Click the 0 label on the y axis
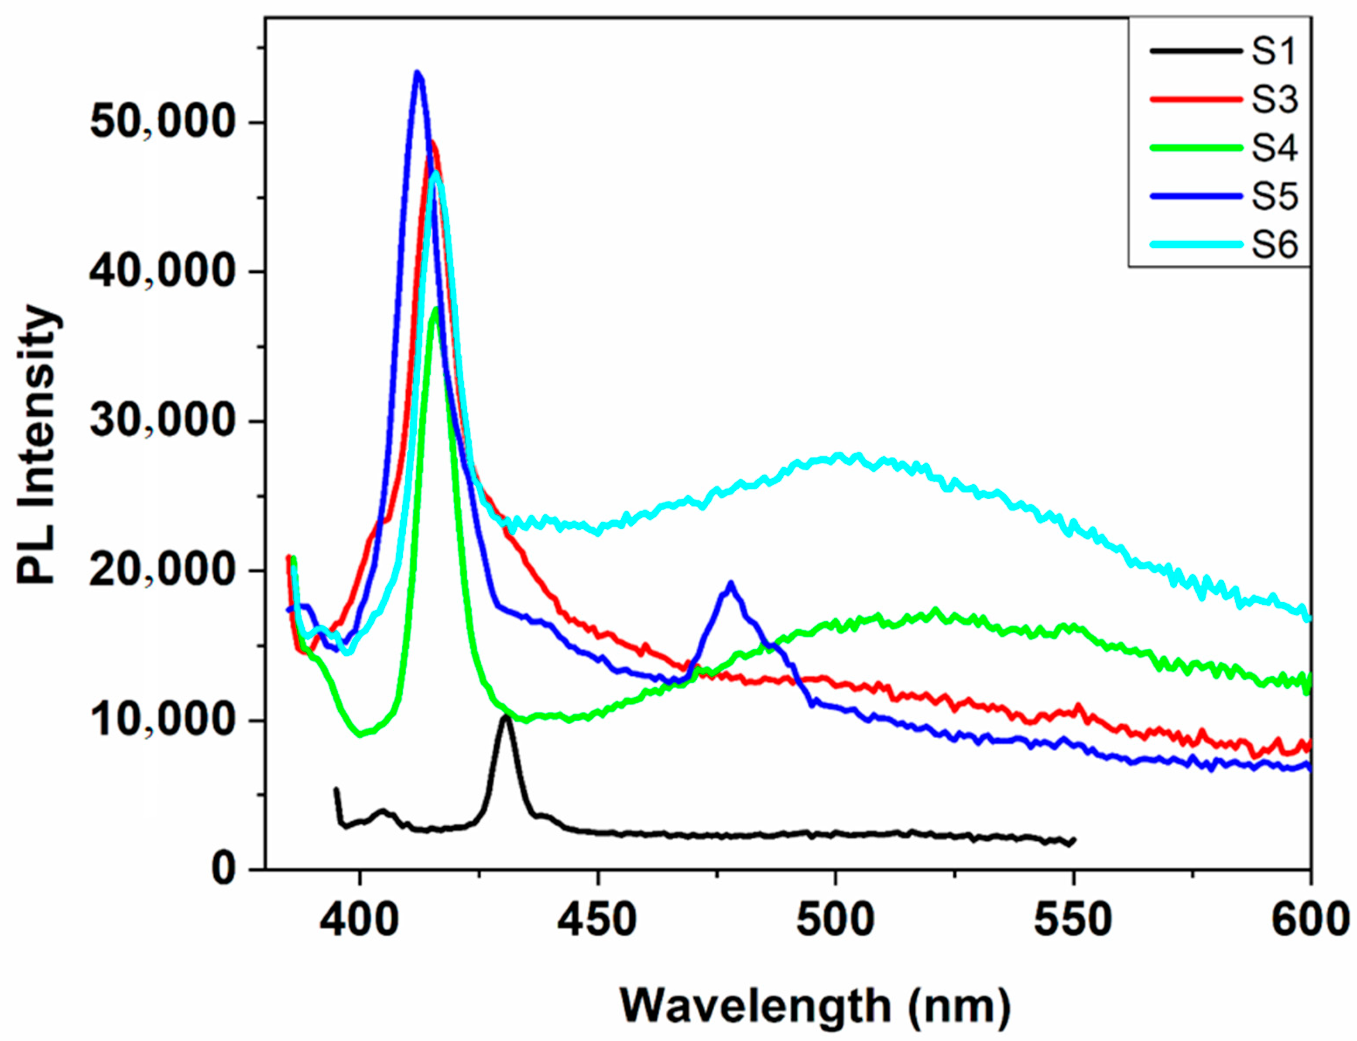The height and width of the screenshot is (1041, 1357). [223, 870]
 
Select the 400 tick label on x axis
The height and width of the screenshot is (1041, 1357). [360, 920]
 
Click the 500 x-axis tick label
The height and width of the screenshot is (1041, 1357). [835, 920]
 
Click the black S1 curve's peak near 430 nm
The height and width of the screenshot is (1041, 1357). [506, 716]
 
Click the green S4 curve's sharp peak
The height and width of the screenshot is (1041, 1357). [436, 309]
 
